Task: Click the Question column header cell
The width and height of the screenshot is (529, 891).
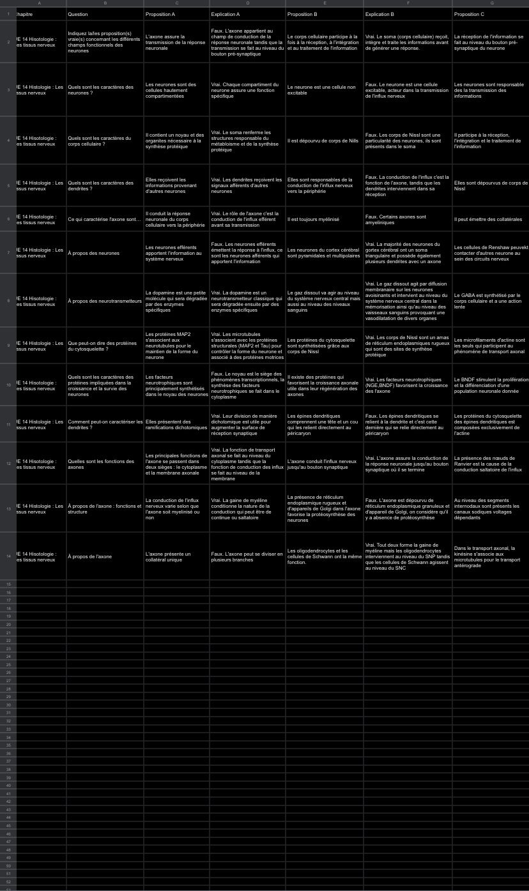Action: tap(105, 14)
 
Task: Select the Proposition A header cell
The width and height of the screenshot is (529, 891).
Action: tap(176, 14)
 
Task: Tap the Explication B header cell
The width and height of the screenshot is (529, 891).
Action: tap(407, 14)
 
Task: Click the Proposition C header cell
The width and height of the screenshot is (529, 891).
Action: tap(490, 14)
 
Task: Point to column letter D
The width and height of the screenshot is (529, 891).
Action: tap(247, 3)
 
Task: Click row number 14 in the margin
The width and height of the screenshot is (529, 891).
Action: tap(8, 556)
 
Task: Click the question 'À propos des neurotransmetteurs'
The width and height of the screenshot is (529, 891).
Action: tap(105, 301)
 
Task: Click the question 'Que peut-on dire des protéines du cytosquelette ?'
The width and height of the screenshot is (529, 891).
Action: tap(105, 346)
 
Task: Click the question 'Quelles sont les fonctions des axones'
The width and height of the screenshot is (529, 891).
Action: tap(105, 464)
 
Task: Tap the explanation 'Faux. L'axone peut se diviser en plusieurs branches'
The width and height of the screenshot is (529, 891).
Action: tap(247, 556)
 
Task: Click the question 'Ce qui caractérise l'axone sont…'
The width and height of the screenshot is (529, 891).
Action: tap(105, 219)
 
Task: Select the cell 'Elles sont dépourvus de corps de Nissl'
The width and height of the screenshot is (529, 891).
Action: tap(490, 186)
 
